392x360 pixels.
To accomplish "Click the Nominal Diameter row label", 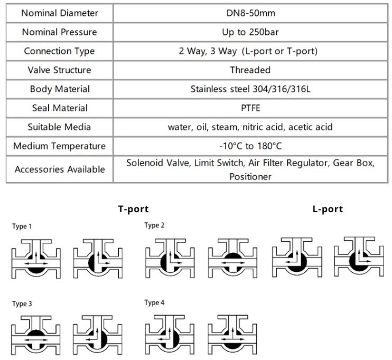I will pos(59,13).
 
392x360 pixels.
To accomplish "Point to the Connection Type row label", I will pos(59,51).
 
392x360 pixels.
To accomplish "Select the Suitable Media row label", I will pos(59,127).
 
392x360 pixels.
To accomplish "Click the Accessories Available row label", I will pos(59,169).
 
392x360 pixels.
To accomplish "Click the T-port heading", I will pos(133,209).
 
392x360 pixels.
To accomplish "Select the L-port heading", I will pos(328,209).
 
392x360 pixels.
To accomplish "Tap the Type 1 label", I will pos(22,226).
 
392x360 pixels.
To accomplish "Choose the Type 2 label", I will pos(154,225).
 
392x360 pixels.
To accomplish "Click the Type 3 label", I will pos(22,304).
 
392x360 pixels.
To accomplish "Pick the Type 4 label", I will pos(154,302).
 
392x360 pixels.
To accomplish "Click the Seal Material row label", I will pos(59,108).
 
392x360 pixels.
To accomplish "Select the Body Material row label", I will pos(59,89).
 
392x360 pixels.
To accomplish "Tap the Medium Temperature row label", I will pos(59,146).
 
